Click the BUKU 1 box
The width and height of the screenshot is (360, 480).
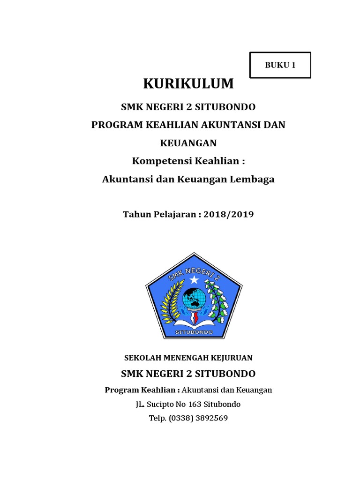pyautogui.click(x=280, y=65)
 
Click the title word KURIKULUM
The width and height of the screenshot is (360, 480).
pyautogui.click(x=188, y=83)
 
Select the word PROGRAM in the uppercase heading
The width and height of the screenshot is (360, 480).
pyautogui.click(x=112, y=125)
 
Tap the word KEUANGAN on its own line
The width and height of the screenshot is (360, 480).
pyautogui.click(x=188, y=142)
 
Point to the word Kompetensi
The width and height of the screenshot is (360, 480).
pyautogui.click(x=157, y=161)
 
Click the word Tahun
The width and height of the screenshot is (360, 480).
pyautogui.click(x=137, y=214)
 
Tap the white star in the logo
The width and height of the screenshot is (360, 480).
pyautogui.click(x=194, y=280)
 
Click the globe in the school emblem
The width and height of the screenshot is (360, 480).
pyautogui.click(x=194, y=298)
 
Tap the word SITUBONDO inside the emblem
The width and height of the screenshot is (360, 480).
pyautogui.click(x=194, y=332)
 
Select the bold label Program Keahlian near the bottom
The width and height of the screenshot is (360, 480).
pyautogui.click(x=140, y=390)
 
